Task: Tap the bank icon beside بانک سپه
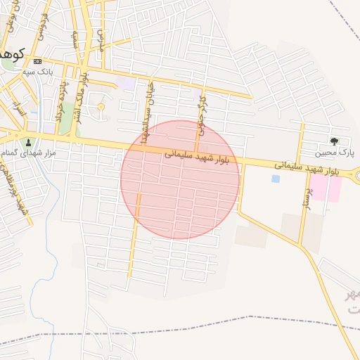pos(37,61)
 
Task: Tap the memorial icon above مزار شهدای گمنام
pos(29,142)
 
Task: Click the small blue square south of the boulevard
pos(276,179)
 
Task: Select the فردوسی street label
pos(44,26)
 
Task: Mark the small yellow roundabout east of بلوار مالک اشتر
pos(101,107)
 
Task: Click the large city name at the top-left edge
pos(13,53)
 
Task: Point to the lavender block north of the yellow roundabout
pos(127,84)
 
